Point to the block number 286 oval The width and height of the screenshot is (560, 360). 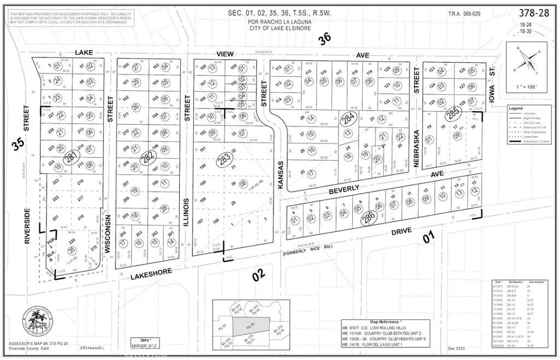[x=369, y=217]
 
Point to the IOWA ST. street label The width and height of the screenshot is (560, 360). [x=490, y=94]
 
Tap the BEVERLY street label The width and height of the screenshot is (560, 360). [x=345, y=188]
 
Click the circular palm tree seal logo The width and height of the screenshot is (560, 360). [x=38, y=323]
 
